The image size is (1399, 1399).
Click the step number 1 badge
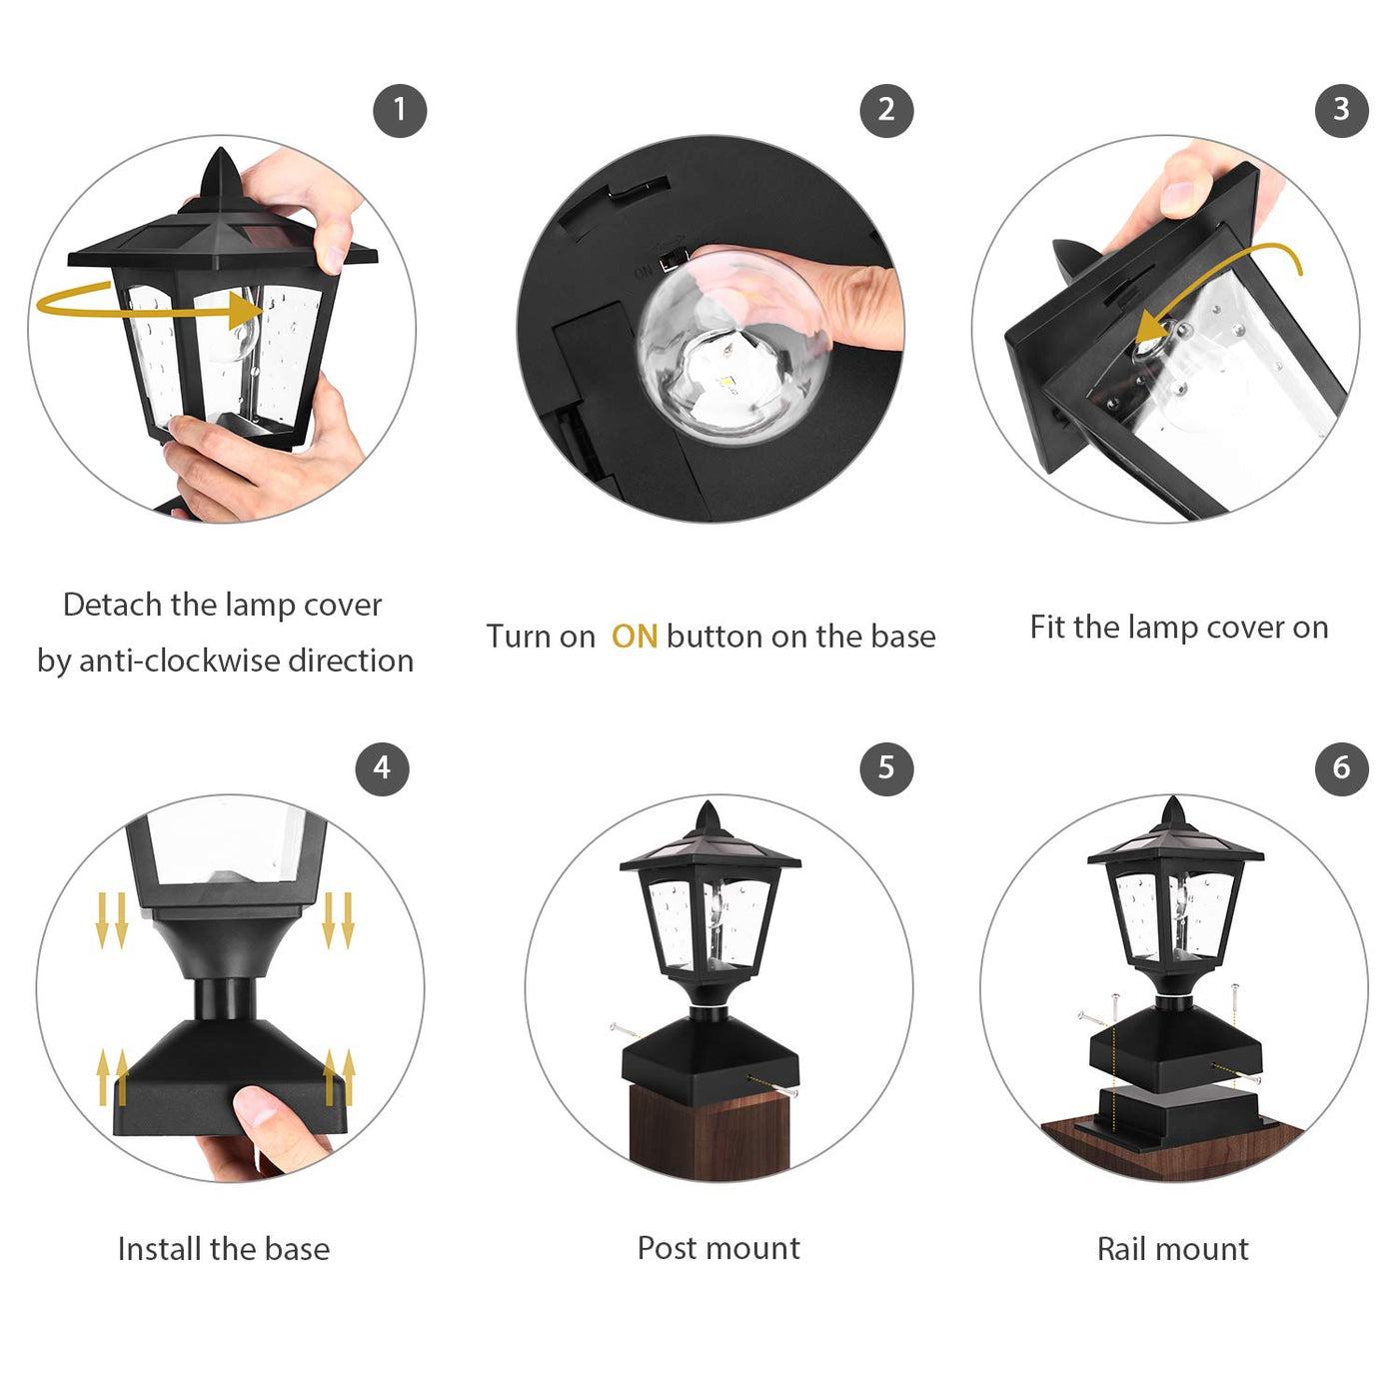400,110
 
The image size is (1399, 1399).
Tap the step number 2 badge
885,110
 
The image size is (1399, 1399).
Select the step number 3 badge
1341,110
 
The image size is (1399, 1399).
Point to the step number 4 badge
382,768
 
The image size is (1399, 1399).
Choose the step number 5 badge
885,768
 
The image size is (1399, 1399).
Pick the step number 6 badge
1341,768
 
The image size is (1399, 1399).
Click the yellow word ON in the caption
634,637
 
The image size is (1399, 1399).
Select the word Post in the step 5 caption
667,1248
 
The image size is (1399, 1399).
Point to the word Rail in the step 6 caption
1121,1249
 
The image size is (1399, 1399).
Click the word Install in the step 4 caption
158,1249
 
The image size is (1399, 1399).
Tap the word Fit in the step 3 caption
1047,628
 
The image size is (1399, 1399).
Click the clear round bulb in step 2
733,347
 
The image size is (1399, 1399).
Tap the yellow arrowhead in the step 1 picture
243,310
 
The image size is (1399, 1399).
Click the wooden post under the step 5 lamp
710,1131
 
